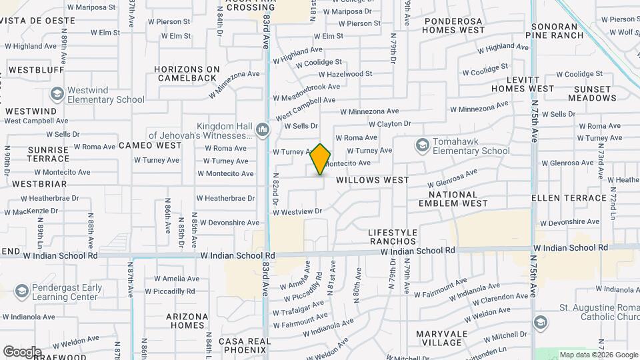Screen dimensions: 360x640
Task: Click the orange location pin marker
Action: pos(321,159)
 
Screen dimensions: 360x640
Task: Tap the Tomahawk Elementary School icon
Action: pos(421,145)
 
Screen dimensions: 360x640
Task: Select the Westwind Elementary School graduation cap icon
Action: pos(57,94)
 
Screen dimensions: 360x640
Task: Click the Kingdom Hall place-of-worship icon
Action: pos(262,129)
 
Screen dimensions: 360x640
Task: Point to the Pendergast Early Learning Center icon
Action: pos(22,292)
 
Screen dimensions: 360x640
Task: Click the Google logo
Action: pos(22,351)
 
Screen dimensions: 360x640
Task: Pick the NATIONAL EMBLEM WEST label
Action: pos(463,199)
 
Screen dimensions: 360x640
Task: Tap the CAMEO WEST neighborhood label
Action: pos(151,145)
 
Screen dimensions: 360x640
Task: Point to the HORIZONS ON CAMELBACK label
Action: pos(187,73)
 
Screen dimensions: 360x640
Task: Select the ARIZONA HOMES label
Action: pos(186,321)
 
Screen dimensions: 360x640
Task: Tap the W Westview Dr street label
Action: pos(297,212)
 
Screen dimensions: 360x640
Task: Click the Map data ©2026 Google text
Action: pos(599,355)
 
